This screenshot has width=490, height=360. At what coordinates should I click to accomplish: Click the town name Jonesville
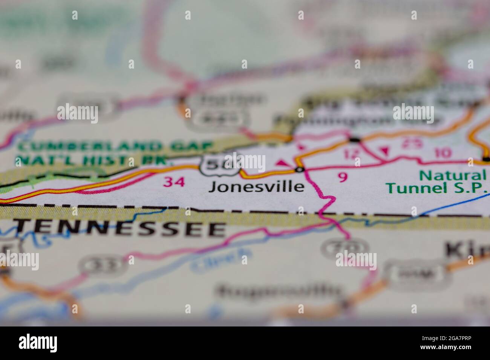point(256,186)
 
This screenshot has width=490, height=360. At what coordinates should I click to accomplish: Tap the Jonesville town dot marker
point(300,170)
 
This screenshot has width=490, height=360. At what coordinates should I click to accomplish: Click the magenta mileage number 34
point(174,182)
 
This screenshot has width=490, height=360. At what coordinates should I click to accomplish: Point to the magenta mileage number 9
point(342,177)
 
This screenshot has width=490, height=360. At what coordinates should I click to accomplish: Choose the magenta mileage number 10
point(442,153)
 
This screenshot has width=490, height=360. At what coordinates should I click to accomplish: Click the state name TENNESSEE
point(121,229)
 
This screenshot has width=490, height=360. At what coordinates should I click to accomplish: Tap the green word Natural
point(452,175)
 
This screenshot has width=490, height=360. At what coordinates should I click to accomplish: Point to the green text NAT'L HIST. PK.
point(92,160)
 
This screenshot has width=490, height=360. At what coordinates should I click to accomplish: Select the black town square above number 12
point(354,140)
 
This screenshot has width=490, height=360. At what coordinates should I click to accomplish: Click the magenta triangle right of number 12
point(384,151)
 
